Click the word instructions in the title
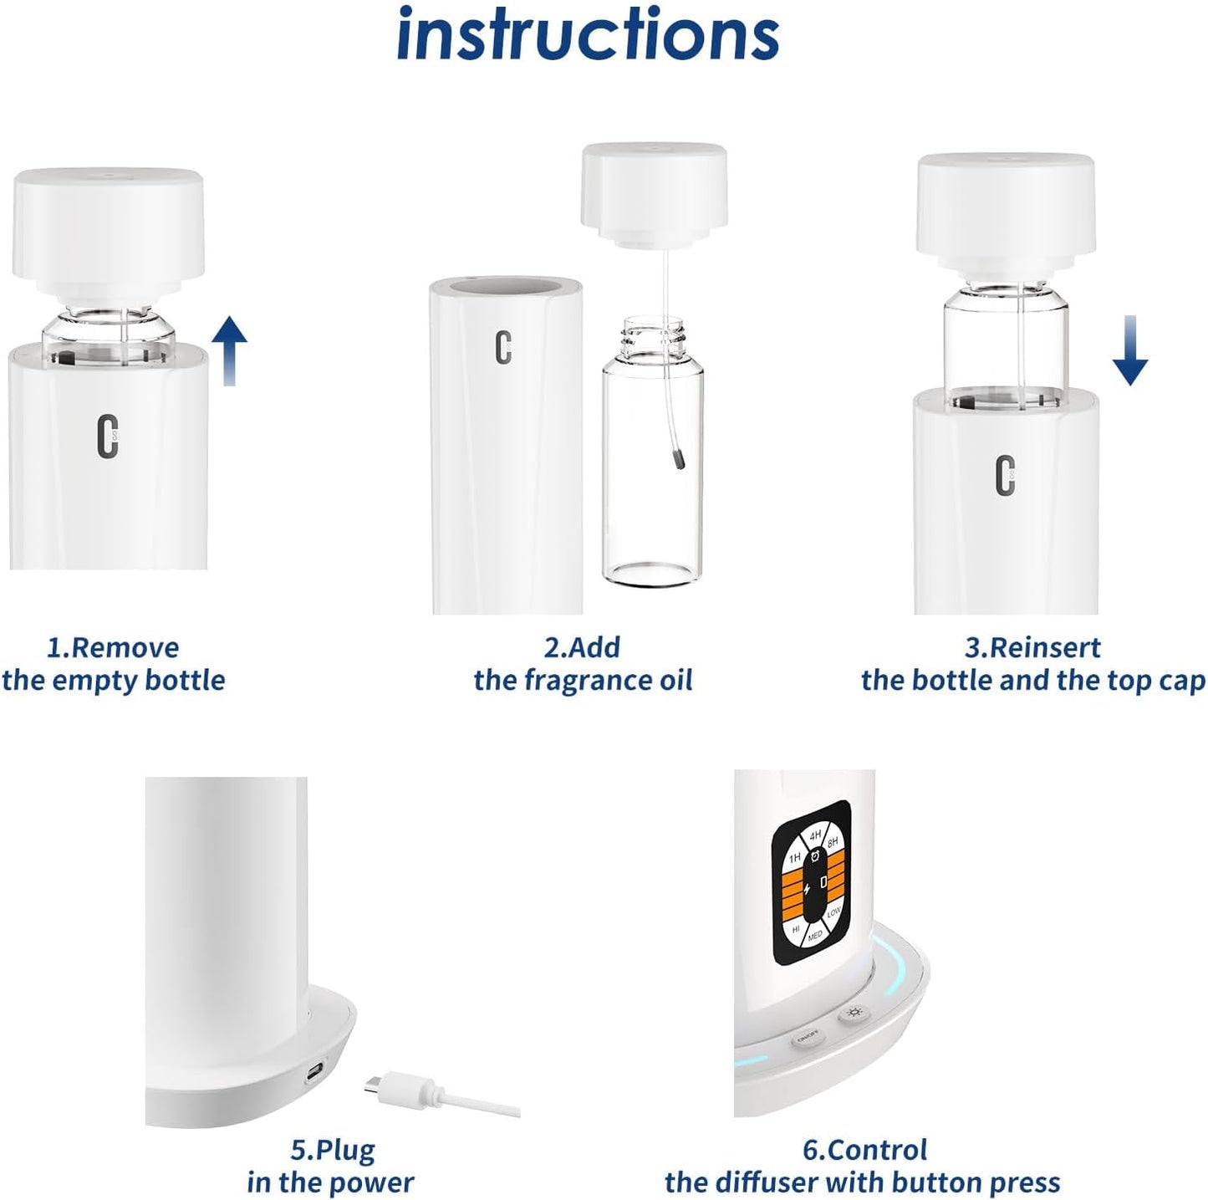pyautogui.click(x=588, y=35)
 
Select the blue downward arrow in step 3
pyautogui.click(x=1129, y=351)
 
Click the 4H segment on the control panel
pyautogui.click(x=814, y=835)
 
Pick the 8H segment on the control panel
pyautogui.click(x=833, y=844)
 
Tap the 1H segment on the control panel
pyautogui.click(x=795, y=856)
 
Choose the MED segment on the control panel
pyautogui.click(x=815, y=935)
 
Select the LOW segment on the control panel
pyautogui.click(x=833, y=914)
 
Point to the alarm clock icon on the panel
pyautogui.click(x=816, y=859)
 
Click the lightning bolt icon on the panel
pyautogui.click(x=807, y=889)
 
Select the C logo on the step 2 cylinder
pyautogui.click(x=502, y=347)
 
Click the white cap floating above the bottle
pyautogui.click(x=653, y=191)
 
